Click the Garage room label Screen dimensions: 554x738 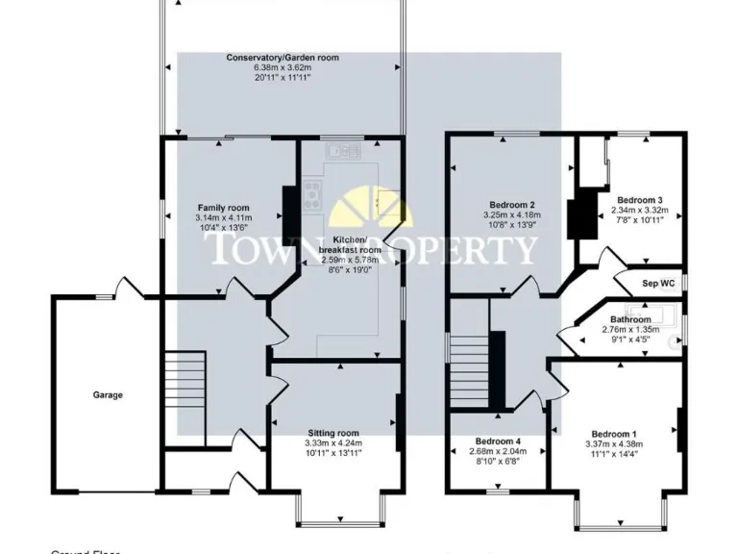(x=108, y=394)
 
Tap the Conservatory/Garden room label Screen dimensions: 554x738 (x=283, y=58)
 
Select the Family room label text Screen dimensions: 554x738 (x=223, y=208)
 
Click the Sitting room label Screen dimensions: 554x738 (x=333, y=434)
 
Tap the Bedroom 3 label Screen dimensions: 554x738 (x=639, y=200)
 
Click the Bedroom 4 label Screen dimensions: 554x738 (x=497, y=441)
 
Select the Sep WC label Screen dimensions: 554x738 (x=659, y=285)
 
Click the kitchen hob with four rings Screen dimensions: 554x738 (x=313, y=196)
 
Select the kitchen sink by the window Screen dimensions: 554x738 (x=340, y=151)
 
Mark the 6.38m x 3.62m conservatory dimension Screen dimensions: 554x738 (x=283, y=68)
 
